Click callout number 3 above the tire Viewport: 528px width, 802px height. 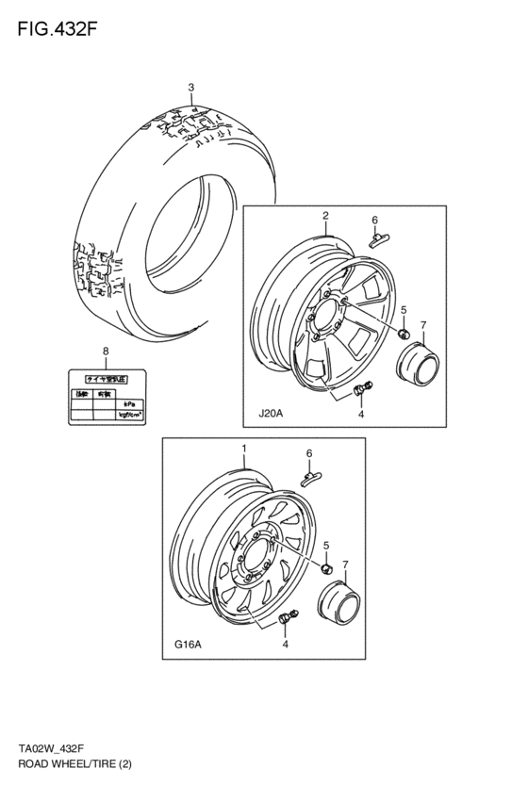pos(191,89)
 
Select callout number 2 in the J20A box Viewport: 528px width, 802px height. pos(325,216)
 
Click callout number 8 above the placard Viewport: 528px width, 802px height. pos(106,352)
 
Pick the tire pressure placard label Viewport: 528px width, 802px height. pos(106,395)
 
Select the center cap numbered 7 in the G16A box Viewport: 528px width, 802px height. pos(338,602)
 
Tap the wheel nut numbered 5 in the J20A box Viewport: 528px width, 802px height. pos(402,334)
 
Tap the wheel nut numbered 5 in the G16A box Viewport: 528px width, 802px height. pos(325,568)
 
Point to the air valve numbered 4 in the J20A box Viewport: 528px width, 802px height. pos(363,387)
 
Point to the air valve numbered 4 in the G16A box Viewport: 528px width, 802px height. pos(286,618)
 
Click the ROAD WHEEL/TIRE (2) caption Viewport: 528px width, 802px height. pos(74,765)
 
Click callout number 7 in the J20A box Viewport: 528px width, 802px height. pos(423,325)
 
